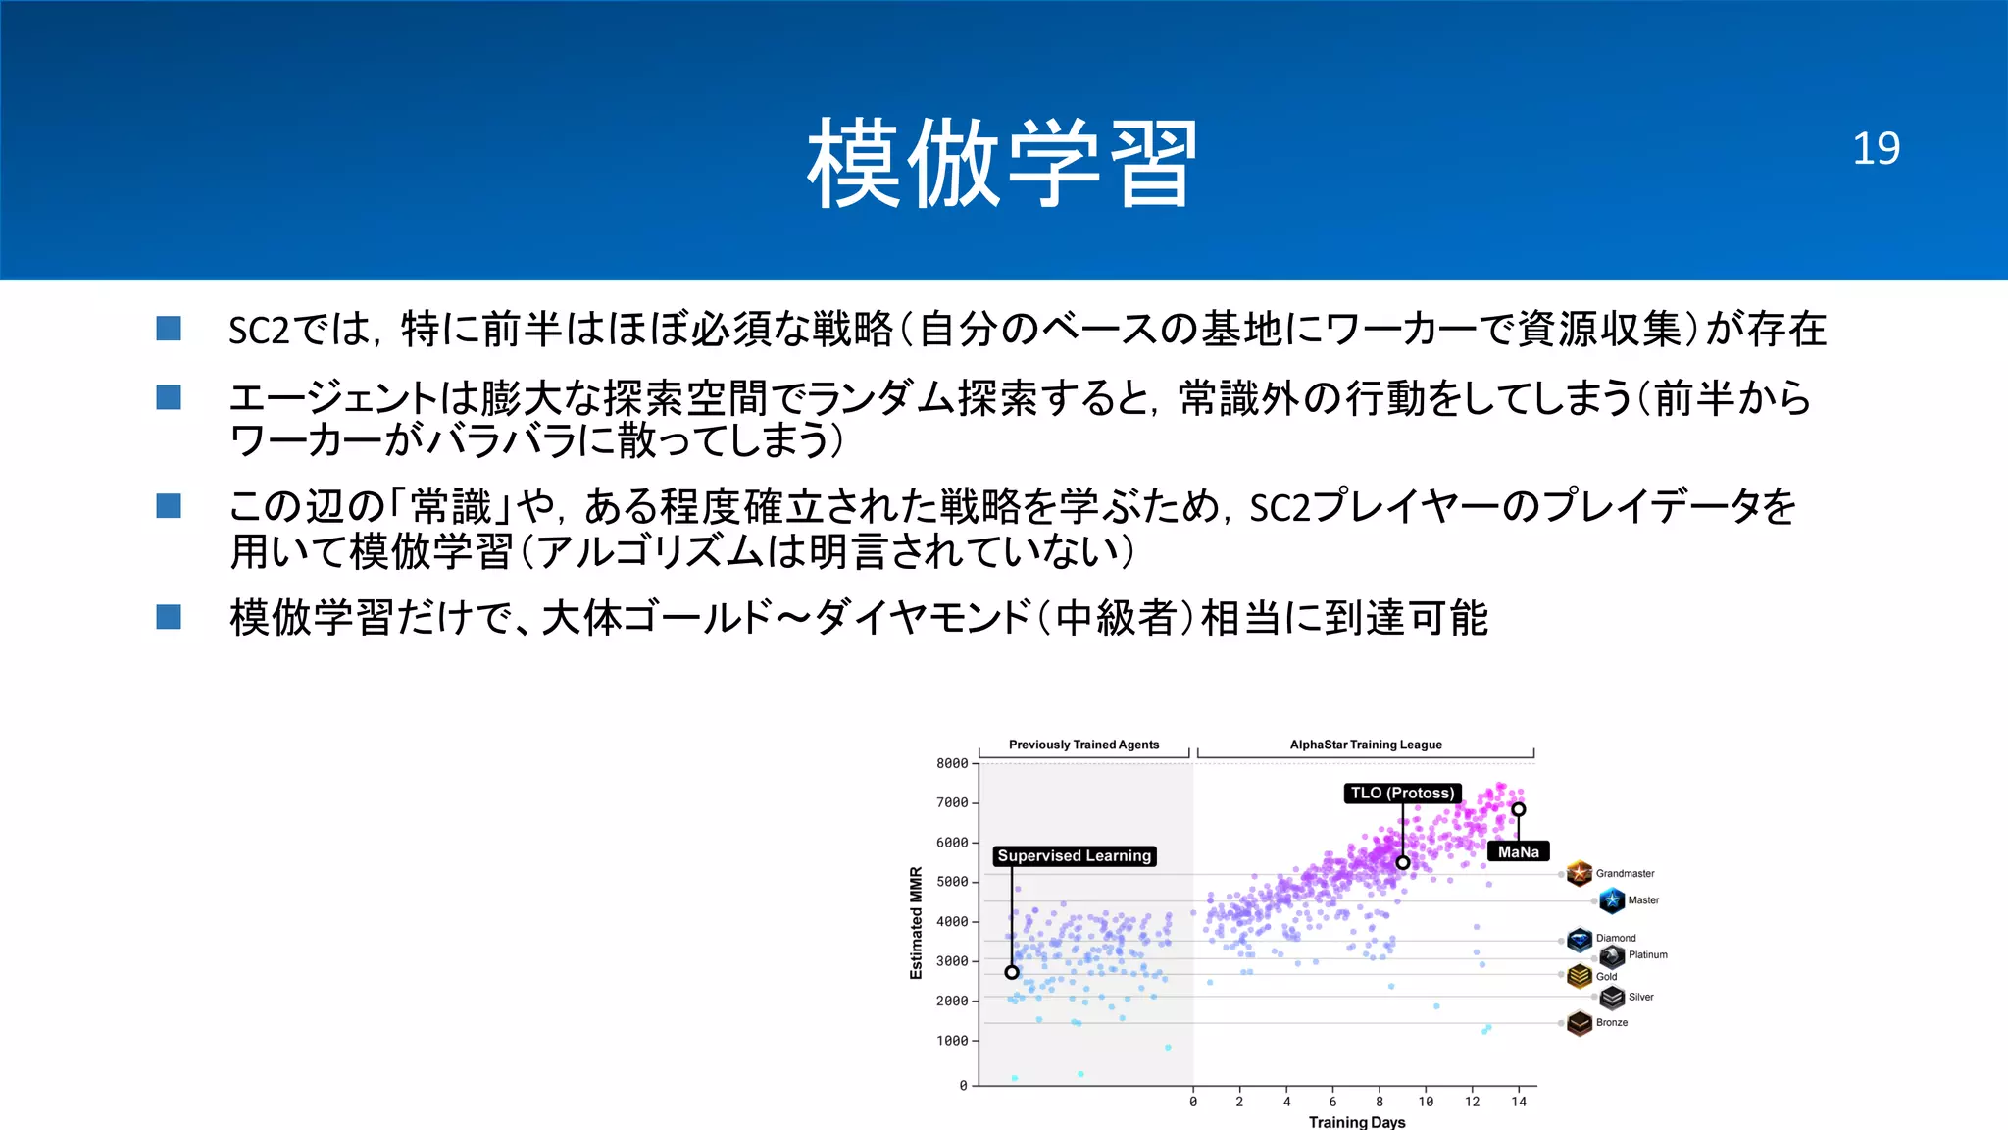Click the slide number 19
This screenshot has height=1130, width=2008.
1875,149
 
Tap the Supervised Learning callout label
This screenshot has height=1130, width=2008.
1074,856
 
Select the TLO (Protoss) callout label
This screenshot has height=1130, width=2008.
1402,793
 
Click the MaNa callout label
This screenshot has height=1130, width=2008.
1518,851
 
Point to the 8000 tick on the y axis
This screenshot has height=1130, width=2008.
951,763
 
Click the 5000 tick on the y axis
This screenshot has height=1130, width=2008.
951,882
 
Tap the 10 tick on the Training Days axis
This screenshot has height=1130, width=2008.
1426,1102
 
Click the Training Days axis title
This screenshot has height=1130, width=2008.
1356,1122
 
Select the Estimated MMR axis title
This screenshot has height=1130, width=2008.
916,923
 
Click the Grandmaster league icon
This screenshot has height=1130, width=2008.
1579,872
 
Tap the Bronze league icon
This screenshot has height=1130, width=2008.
1579,1023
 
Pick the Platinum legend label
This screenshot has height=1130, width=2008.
1647,954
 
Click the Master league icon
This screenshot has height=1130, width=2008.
1611,899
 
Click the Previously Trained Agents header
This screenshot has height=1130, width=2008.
1083,745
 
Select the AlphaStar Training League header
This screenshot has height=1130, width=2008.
1366,745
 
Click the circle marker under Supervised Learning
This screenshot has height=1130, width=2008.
1012,972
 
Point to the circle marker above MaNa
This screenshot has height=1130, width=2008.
1518,809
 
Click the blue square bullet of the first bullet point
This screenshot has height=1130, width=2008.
169,329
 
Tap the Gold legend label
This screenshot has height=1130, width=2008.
1606,976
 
